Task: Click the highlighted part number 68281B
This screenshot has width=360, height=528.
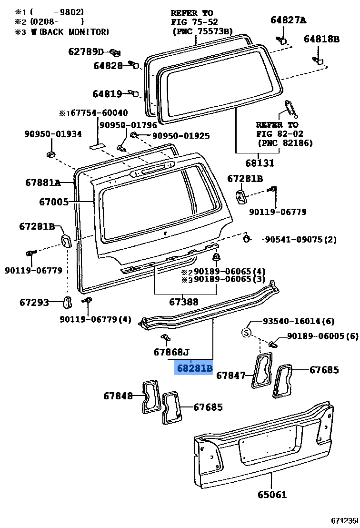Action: coord(194,368)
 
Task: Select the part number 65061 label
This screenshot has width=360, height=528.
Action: coord(272,494)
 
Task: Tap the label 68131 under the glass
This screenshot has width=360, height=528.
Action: coord(259,163)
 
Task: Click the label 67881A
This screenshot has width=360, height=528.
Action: coord(43,182)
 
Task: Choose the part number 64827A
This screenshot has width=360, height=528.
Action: coord(288,20)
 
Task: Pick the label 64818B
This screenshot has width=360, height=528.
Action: coord(321,39)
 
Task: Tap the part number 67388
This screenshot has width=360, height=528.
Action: coord(184,302)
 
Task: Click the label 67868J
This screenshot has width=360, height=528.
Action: coord(171,352)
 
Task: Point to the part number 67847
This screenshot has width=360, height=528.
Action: coord(231,375)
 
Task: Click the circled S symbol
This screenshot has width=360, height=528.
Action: coord(246,333)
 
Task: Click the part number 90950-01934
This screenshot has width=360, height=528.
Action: coord(53,134)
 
